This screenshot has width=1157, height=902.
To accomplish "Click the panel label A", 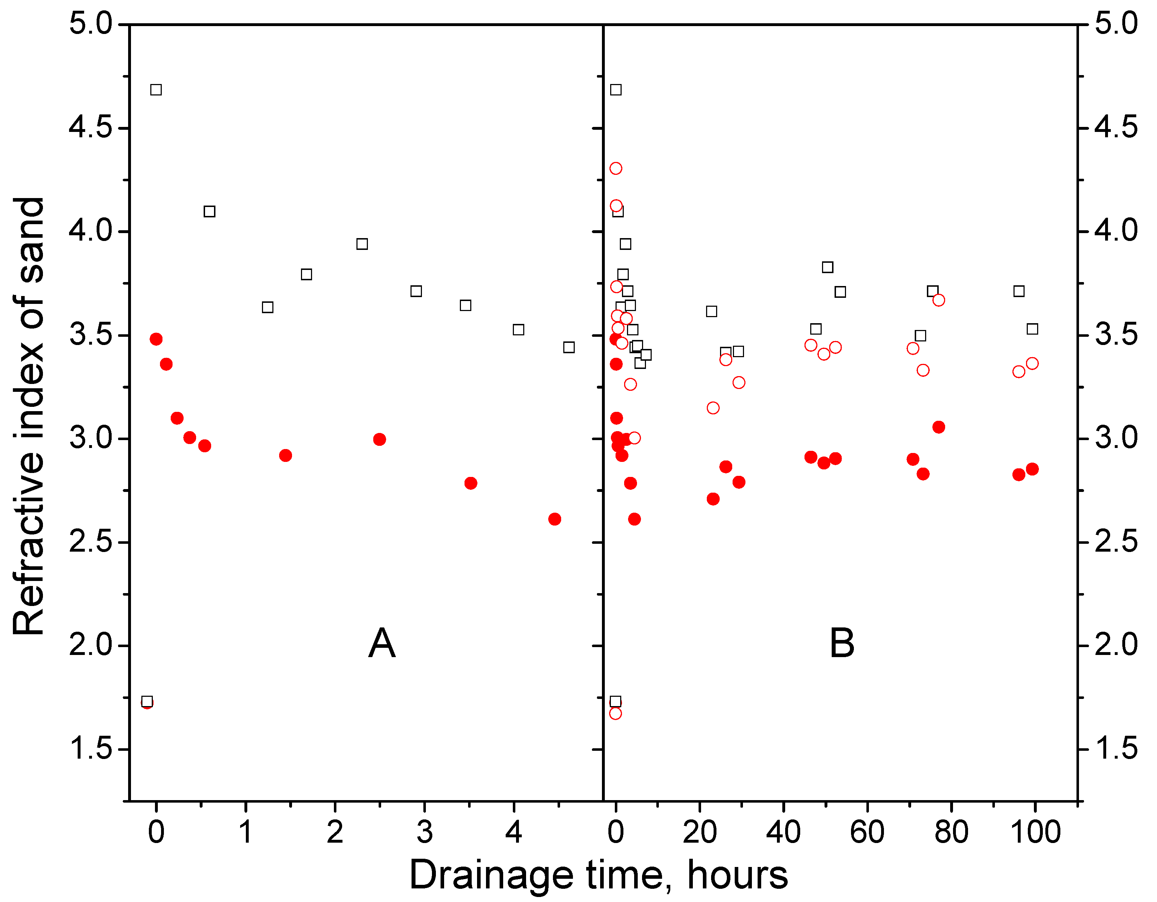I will (x=381, y=644).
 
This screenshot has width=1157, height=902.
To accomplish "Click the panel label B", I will (x=842, y=644).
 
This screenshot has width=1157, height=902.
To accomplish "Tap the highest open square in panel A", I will (x=156, y=90).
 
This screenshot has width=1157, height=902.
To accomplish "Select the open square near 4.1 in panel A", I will (x=209, y=212).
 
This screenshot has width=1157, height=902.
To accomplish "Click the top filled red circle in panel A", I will (x=156, y=339).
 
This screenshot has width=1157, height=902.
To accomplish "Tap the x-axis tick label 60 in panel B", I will (x=867, y=833).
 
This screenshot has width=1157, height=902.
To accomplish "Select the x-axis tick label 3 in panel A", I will (x=424, y=833).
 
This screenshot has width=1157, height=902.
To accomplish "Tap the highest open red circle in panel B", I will (x=616, y=168).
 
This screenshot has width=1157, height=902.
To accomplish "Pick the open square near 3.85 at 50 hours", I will (x=827, y=267).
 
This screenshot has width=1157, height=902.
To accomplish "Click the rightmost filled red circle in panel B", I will (x=1032, y=469).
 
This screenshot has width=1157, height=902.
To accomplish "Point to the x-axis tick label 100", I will (x=1036, y=833).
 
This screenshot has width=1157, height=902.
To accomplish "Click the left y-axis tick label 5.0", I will (x=91, y=24).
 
